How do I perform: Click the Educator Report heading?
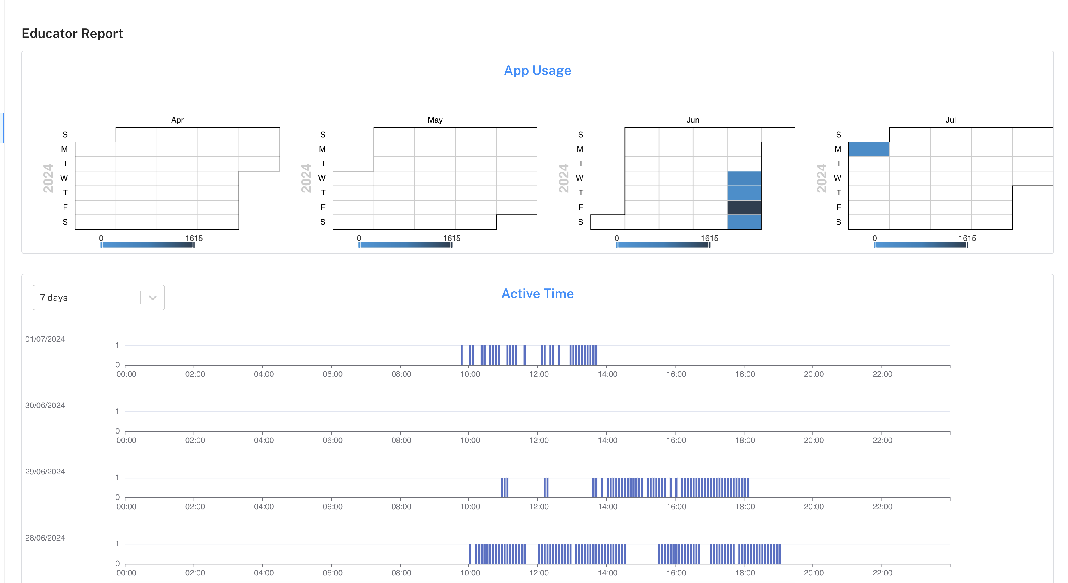tap(72, 33)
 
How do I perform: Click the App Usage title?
tap(537, 70)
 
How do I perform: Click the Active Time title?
tap(537, 294)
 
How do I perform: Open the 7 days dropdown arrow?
tap(152, 298)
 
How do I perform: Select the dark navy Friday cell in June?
tap(744, 207)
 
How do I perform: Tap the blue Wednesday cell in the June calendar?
tap(744, 178)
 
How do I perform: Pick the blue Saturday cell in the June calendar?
tap(744, 222)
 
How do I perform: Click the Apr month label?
tap(177, 120)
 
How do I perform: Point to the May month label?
tap(435, 120)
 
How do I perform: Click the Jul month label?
tap(950, 120)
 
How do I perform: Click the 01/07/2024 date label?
tap(45, 339)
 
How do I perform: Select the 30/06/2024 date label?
tap(45, 406)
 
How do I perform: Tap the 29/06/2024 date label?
tap(45, 472)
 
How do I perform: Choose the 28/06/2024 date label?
tap(45, 538)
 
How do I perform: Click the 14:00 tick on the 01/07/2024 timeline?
tap(607, 374)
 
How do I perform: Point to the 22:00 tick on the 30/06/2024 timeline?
tap(882, 440)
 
